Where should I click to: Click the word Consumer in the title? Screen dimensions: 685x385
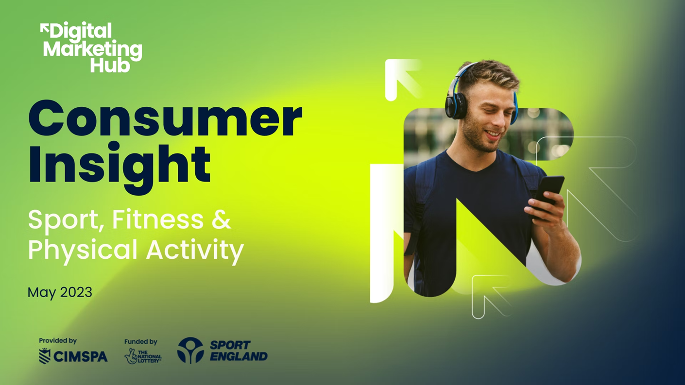pos(166,118)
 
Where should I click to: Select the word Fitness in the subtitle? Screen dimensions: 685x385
pos(157,219)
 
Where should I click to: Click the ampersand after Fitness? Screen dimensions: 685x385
pos(221,219)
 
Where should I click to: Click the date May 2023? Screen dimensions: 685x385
pos(60,292)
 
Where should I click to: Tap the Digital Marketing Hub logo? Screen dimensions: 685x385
pos(91,48)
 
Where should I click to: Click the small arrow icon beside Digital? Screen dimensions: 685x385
pos(44,29)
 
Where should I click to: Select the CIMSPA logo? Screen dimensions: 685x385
pos(73,356)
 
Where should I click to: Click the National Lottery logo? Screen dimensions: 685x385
pos(143,356)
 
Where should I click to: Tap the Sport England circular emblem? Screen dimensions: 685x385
pos(190,351)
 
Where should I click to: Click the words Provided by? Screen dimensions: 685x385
pos(58,341)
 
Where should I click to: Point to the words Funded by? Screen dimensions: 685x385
pos(141,342)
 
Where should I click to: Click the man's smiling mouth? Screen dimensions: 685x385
pos(494,134)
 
